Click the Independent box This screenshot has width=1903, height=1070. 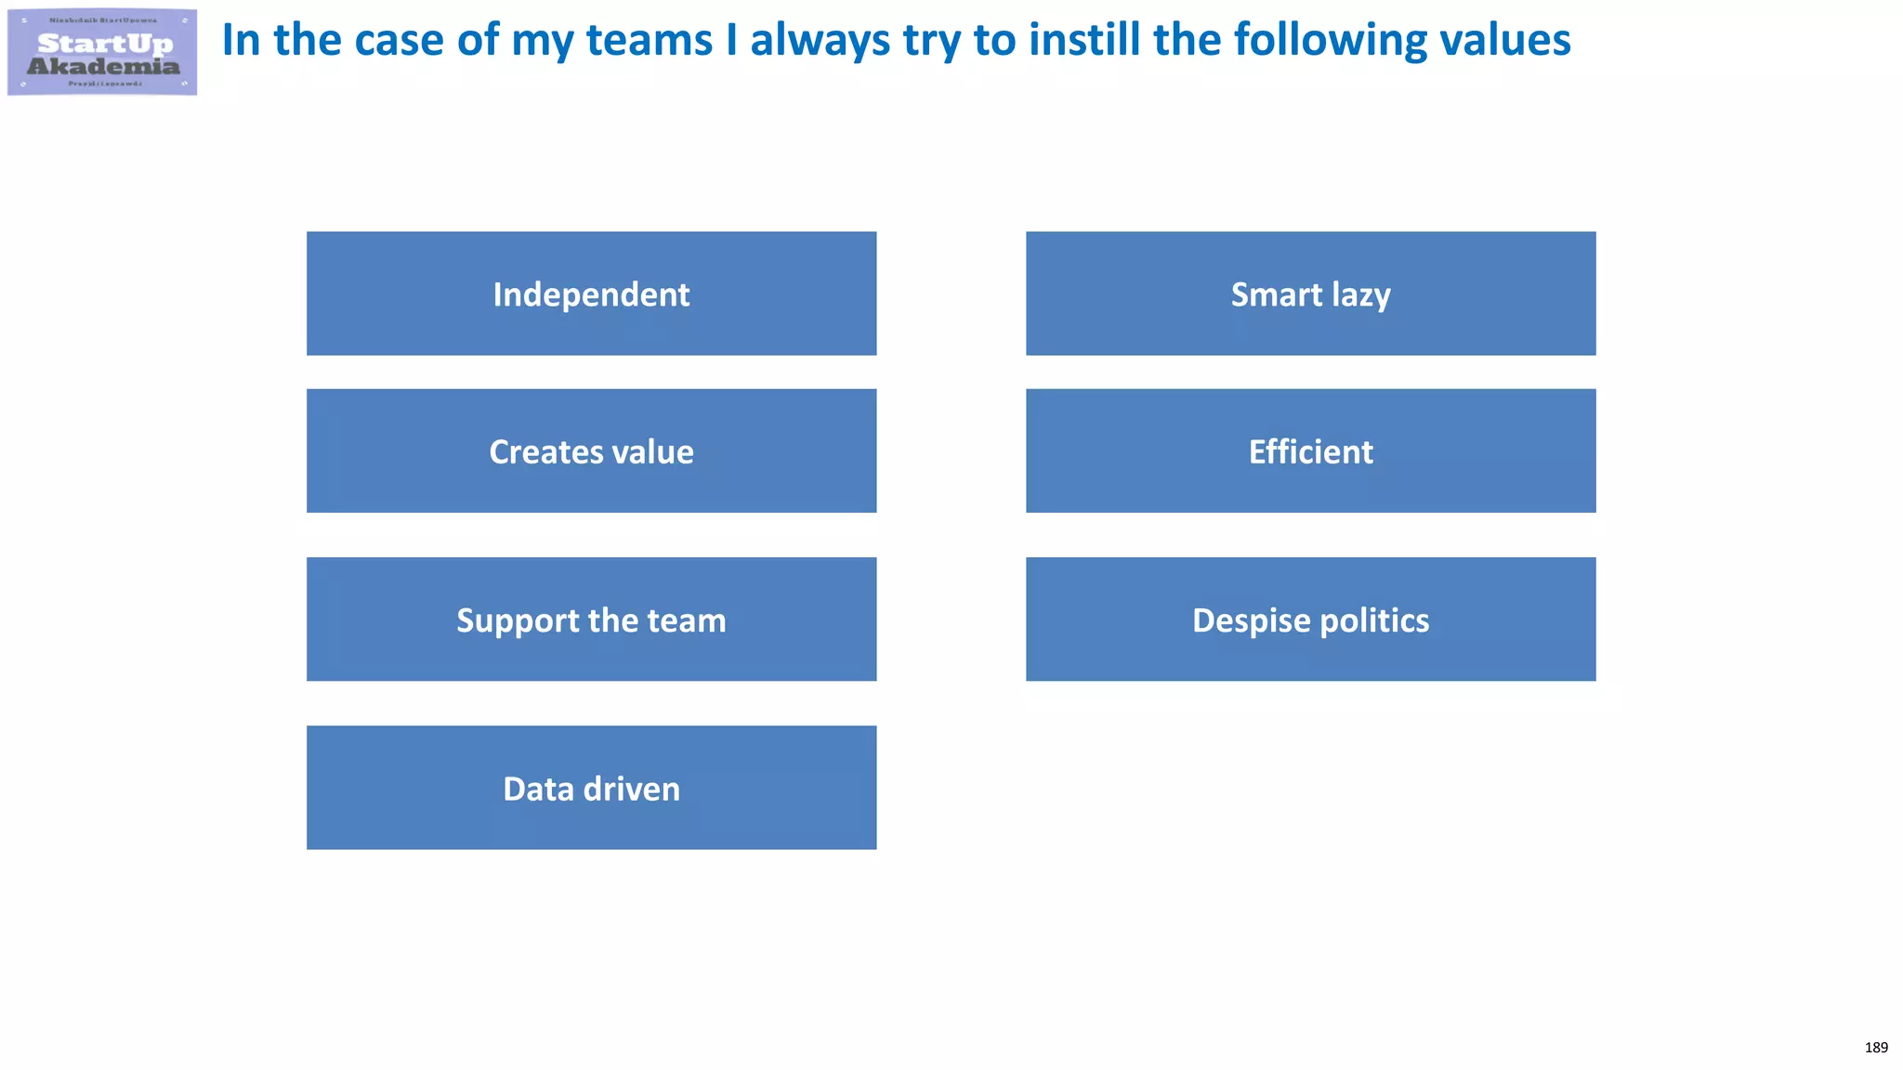pyautogui.click(x=591, y=294)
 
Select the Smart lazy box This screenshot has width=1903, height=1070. pyautogui.click(x=1310, y=294)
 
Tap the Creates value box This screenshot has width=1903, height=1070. pyautogui.click(x=591, y=450)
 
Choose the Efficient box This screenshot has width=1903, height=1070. pyautogui.click(x=1310, y=450)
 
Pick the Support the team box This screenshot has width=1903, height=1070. pyautogui.click(x=591, y=620)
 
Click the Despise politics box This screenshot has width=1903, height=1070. pyautogui.click(x=1310, y=620)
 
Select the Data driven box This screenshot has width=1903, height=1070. pyautogui.click(x=591, y=788)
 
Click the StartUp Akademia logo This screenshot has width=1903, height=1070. pyautogui.click(x=102, y=52)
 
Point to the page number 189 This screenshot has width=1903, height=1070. pyautogui.click(x=1876, y=1048)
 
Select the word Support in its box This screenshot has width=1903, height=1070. pyautogui.click(x=516, y=621)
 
